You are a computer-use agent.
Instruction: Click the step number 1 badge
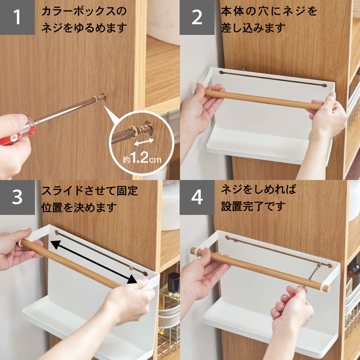[17, 17]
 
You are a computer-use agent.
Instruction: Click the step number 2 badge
[197, 17]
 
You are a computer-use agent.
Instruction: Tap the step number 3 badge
[17, 197]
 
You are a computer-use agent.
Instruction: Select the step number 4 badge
[197, 197]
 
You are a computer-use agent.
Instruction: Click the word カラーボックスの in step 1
[84, 11]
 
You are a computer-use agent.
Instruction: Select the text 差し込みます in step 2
[253, 28]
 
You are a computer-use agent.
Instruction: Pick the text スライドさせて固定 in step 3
[90, 191]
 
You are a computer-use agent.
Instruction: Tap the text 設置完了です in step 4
[253, 206]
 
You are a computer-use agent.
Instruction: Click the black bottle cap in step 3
[174, 279]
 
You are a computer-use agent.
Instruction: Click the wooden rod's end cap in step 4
[325, 288]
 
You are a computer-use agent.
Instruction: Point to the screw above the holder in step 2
[244, 68]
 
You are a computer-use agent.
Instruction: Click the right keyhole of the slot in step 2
[324, 85]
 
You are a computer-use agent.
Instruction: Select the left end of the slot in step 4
[227, 238]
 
